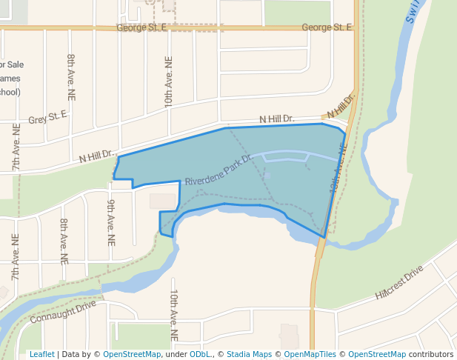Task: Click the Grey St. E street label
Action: click(x=47, y=117)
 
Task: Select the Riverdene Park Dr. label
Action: click(x=219, y=170)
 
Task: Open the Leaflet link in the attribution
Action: click(x=41, y=354)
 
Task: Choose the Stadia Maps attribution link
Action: click(x=249, y=354)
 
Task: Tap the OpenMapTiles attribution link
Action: click(x=308, y=354)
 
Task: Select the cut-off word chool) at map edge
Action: click(x=10, y=92)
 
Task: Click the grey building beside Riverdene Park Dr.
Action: click(x=164, y=201)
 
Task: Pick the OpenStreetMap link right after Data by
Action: click(x=131, y=354)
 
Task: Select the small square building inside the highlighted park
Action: click(x=267, y=176)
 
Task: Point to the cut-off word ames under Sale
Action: click(x=10, y=79)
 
